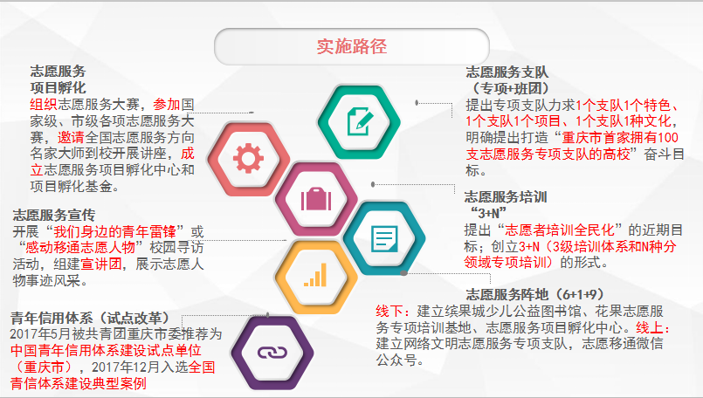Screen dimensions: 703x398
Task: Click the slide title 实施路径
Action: pos(351,46)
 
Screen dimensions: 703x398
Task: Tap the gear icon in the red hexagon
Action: pos(248,158)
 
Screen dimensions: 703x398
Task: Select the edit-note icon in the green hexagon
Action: pos(360,121)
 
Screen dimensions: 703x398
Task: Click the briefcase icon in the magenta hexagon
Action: pos(316,199)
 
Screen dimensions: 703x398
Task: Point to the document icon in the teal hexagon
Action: pos(384,238)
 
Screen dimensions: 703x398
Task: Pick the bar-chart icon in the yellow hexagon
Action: pos(315,274)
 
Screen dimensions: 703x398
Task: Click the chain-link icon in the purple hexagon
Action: pos(272,353)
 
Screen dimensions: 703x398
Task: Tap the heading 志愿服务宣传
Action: pos(54,215)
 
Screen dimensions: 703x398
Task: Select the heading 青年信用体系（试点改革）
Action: pos(90,318)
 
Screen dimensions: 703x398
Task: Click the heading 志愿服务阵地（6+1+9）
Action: pos(534,294)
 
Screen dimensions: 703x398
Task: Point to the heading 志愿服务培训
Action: pos(506,196)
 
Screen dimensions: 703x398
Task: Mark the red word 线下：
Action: pos(393,311)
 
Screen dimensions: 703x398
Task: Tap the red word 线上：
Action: pos(653,327)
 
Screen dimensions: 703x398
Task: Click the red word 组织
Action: pos(44,105)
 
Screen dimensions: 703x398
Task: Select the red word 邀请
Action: pos(71,137)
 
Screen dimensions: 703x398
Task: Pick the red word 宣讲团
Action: pos(101,264)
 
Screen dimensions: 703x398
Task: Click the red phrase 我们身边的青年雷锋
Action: pos(114,231)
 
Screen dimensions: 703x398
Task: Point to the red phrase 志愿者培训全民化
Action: pos(560,230)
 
